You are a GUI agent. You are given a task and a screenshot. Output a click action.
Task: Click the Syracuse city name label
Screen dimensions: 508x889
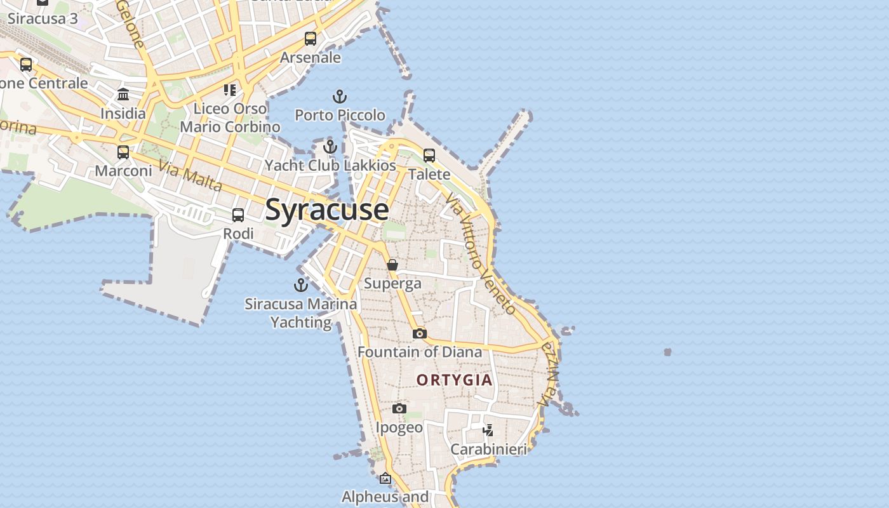click(326, 210)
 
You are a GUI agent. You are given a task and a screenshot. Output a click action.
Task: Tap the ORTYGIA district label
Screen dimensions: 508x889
click(454, 380)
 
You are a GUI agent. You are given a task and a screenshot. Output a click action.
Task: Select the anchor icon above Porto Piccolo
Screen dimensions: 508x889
click(340, 97)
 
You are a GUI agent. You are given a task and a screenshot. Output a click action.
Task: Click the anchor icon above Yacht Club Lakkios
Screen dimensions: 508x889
click(330, 147)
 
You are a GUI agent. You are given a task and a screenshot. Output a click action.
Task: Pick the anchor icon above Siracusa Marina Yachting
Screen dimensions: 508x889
click(301, 285)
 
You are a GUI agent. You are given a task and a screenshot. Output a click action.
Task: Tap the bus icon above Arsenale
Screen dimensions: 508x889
click(311, 39)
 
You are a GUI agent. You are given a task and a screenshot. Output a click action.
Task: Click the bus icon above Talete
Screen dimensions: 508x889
click(429, 156)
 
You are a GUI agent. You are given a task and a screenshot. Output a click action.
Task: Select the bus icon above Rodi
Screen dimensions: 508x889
click(238, 215)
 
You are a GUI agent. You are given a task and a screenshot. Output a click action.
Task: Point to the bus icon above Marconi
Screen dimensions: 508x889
click(123, 152)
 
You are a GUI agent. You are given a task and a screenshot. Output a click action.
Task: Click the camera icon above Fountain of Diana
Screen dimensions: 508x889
click(419, 333)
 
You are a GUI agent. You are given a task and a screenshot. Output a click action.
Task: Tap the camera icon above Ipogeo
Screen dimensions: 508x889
click(399, 408)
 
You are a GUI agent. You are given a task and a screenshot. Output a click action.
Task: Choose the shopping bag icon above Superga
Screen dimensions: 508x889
click(392, 265)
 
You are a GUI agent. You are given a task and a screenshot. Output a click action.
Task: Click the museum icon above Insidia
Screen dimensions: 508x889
click(123, 95)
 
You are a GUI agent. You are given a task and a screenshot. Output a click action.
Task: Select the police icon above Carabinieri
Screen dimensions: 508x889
click(488, 431)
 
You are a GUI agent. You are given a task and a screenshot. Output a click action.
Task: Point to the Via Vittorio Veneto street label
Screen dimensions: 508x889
click(481, 254)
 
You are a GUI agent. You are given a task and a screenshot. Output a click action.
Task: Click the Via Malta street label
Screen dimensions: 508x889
click(190, 176)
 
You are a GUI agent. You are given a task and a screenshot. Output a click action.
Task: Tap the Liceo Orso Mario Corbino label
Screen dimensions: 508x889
click(230, 117)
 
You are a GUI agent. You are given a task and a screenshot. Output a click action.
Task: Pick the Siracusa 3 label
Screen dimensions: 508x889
click(42, 18)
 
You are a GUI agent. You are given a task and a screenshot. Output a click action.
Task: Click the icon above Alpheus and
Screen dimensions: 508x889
click(385, 478)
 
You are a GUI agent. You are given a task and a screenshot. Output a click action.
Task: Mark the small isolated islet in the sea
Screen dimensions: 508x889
click(667, 352)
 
